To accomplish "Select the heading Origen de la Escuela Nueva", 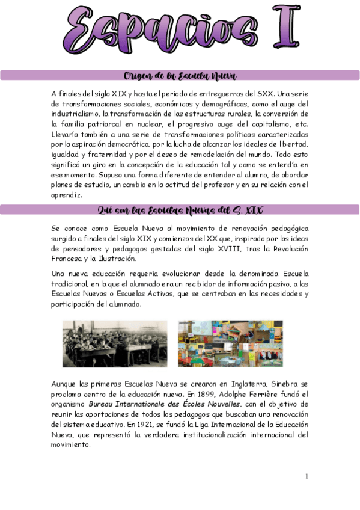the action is click(x=180, y=76).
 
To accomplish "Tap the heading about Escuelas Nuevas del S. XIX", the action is click(x=180, y=210).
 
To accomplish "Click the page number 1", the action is click(x=307, y=476).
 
